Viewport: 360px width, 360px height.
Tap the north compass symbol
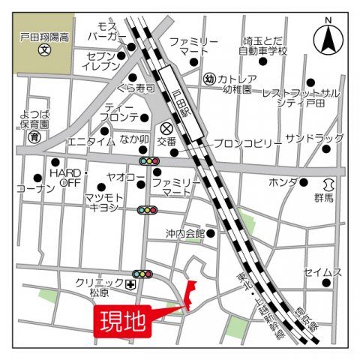point(328,38)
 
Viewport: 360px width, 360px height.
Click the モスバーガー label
point(106,31)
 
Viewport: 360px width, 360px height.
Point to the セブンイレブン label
point(102,61)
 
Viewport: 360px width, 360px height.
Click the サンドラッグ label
point(313,139)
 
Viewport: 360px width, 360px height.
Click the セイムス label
point(322,271)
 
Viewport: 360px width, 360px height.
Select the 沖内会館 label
point(185,233)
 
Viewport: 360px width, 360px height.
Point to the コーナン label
point(34,189)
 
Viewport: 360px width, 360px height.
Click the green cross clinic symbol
point(131,285)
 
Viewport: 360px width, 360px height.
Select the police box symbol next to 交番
point(166,127)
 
